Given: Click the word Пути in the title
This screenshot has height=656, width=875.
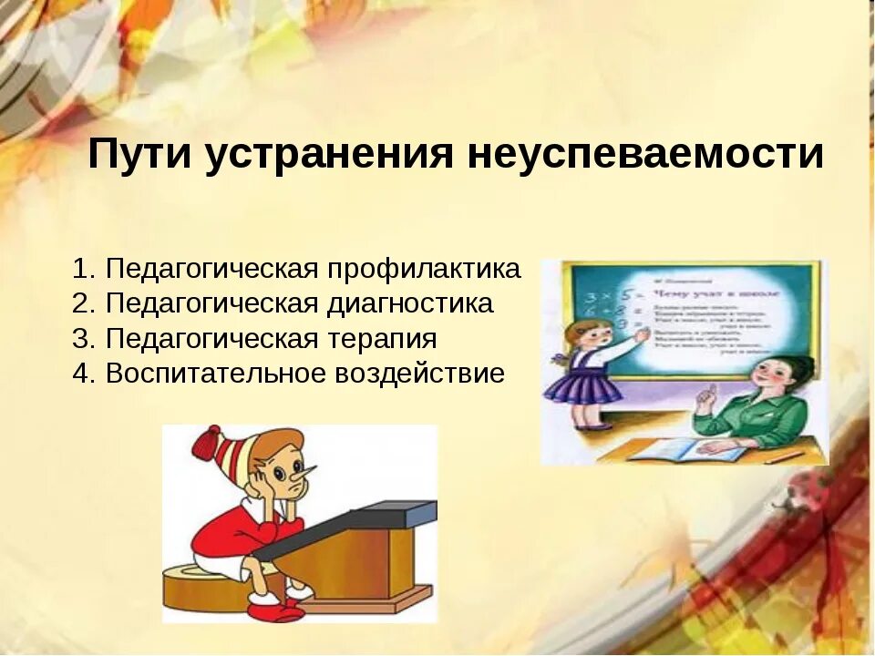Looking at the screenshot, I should (x=139, y=155).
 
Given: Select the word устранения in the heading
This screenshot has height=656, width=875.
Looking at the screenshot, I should (x=328, y=155).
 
